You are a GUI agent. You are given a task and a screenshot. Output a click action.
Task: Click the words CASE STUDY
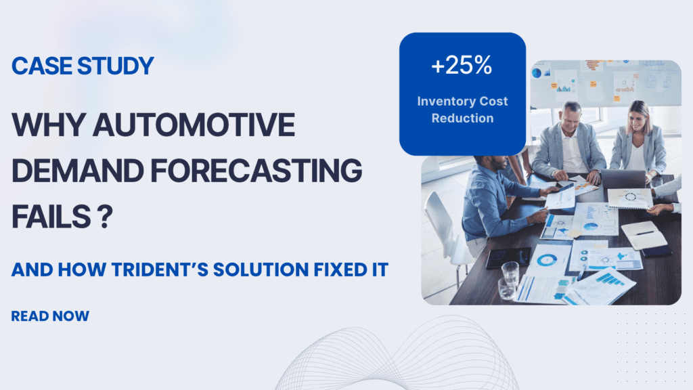[x=83, y=66]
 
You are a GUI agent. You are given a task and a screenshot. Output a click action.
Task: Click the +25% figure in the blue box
[x=462, y=67]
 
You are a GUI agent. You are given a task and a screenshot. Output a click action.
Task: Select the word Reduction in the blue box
[x=462, y=118]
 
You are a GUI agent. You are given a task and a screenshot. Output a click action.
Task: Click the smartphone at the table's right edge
[x=659, y=250]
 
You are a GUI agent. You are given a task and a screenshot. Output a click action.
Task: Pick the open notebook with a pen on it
[x=643, y=234]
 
